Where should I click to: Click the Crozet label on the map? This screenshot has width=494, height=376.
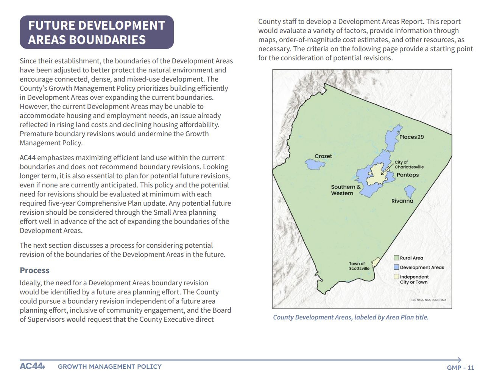323,156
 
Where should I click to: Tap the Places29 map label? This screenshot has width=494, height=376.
411,137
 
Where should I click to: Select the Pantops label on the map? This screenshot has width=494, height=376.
408,175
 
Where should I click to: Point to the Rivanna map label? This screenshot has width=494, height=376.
402,201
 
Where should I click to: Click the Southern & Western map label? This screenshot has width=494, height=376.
345,190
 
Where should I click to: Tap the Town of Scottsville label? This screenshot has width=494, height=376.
359,266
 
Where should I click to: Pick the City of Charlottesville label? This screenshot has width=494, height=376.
409,165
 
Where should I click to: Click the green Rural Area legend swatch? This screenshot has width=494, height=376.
396,258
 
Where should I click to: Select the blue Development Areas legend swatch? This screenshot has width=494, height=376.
396,267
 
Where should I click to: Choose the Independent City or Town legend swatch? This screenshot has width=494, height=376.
396,277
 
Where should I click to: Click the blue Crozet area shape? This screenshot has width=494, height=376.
315,165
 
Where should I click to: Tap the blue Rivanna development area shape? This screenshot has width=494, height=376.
410,191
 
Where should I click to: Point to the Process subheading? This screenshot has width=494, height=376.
34,271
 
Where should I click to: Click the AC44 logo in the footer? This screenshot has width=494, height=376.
32,367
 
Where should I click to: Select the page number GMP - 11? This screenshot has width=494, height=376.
460,368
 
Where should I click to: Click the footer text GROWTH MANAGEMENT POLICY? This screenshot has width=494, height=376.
109,367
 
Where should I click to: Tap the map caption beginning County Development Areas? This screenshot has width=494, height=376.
351,317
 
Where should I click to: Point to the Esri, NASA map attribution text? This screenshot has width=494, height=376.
429,300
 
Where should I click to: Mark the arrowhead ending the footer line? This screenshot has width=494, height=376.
460,360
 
